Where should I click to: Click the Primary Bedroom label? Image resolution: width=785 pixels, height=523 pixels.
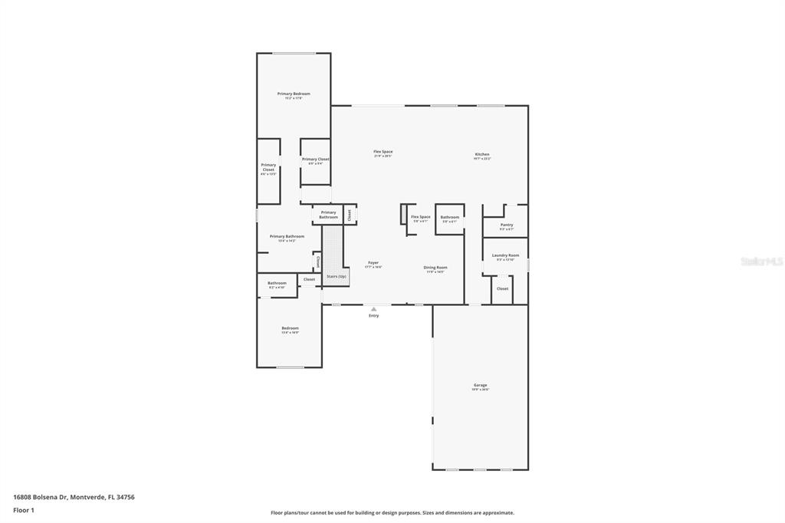294,94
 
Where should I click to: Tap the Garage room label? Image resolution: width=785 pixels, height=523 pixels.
481,385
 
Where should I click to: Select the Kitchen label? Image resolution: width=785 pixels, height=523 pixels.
482,154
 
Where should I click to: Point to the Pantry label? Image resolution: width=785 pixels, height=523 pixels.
507,225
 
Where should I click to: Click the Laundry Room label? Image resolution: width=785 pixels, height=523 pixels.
506,255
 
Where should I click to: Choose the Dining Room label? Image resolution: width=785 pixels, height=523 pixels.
435,268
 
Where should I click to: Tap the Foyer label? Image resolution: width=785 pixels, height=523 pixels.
373,263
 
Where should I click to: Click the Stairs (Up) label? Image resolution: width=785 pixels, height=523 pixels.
337,276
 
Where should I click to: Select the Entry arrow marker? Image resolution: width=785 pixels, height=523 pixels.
373,309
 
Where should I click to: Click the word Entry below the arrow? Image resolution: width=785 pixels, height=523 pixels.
373,316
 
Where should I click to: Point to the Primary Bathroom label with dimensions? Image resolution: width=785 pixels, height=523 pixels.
287,236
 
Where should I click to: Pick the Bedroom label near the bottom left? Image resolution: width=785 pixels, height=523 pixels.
290,328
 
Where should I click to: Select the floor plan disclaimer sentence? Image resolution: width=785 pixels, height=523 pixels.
392,513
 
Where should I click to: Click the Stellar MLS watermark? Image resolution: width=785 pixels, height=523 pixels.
763,261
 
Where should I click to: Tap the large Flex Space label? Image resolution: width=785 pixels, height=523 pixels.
383,152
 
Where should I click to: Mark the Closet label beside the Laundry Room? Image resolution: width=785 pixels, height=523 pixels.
502,288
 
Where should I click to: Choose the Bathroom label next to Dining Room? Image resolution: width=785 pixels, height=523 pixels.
449,217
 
